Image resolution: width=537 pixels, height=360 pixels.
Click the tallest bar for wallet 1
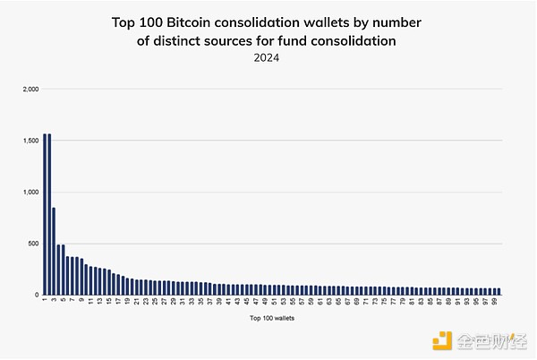[44, 215]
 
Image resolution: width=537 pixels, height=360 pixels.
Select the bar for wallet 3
[54, 251]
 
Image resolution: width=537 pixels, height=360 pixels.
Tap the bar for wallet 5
[63, 269]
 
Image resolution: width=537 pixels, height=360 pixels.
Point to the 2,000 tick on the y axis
[30, 90]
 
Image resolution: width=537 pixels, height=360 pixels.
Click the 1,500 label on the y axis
[30, 141]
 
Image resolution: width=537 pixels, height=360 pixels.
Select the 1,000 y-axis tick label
[30, 192]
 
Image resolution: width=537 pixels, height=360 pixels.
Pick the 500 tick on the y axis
[33, 243]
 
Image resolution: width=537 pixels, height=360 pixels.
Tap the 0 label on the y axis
[37, 295]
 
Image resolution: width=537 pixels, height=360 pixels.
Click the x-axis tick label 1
[44, 301]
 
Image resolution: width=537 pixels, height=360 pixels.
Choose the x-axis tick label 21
[137, 302]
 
